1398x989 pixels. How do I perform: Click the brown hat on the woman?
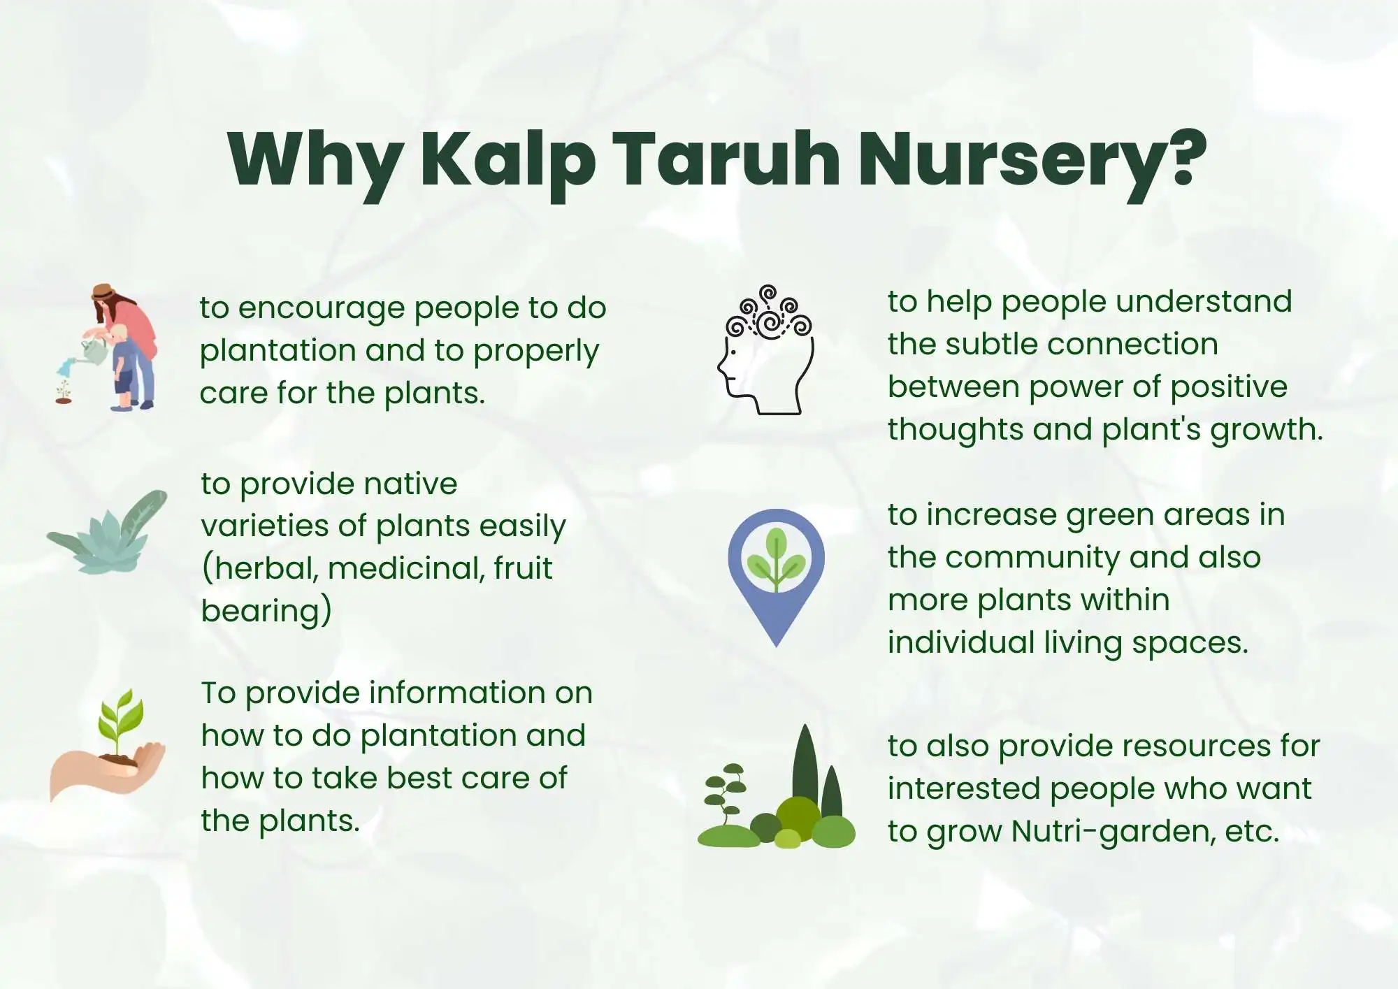(103, 291)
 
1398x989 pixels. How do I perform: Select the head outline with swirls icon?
(766, 349)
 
